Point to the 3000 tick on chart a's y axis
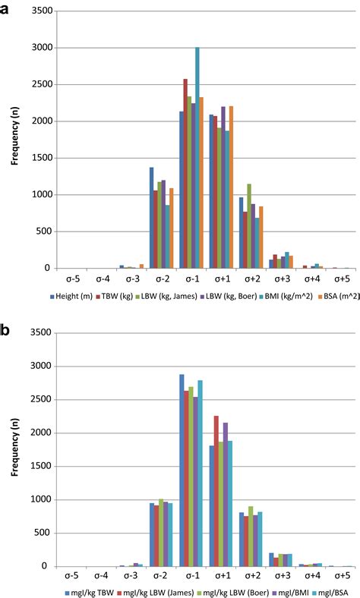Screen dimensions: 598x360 [x=43, y=48]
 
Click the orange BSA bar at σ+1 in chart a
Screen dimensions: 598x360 [x=232, y=187]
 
